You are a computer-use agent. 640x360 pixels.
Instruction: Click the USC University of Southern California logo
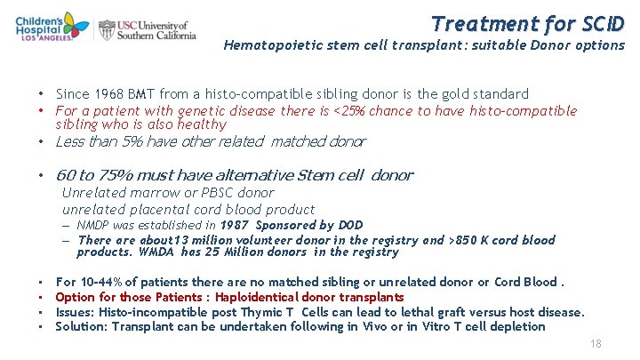(x=147, y=29)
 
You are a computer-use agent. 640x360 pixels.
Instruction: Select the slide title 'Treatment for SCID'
(x=528, y=22)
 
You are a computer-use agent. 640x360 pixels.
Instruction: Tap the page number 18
(x=596, y=344)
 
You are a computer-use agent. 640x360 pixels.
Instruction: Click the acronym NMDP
(x=95, y=226)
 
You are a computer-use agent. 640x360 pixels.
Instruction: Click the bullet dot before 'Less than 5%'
(x=42, y=142)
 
